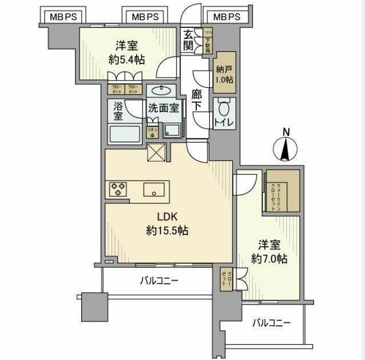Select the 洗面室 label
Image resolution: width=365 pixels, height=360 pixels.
point(164,107)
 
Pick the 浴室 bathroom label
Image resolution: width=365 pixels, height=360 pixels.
point(118,111)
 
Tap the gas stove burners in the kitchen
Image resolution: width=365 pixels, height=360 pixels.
point(118,189)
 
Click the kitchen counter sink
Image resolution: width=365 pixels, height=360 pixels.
point(154,190)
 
